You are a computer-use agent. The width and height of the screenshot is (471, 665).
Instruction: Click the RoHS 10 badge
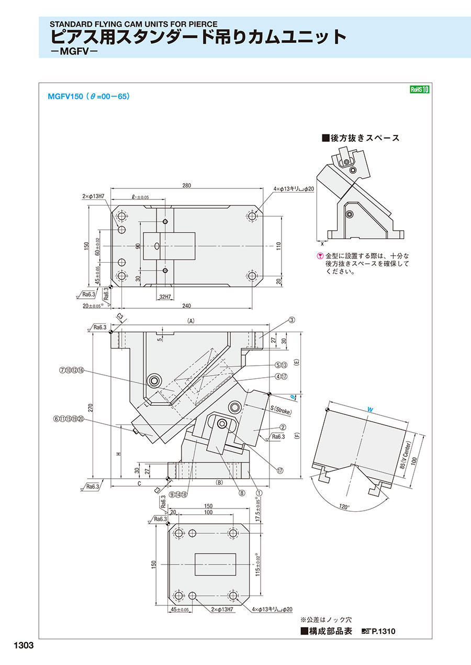click(420, 89)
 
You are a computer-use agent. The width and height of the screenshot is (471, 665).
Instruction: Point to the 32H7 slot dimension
click(165, 297)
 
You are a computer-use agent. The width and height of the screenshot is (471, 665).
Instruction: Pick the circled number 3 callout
click(292, 320)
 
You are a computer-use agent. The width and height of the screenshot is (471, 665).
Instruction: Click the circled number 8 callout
click(242, 492)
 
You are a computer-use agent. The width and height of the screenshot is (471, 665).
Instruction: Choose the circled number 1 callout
click(259, 492)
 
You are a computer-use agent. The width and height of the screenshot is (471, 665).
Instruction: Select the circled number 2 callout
click(282, 426)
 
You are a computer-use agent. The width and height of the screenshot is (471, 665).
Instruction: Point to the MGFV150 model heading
click(65, 96)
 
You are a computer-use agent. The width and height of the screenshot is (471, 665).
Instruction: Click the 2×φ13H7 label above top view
click(94, 197)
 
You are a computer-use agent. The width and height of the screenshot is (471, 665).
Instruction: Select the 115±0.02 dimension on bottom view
click(257, 566)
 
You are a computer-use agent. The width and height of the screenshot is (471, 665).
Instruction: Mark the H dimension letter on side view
click(119, 453)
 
